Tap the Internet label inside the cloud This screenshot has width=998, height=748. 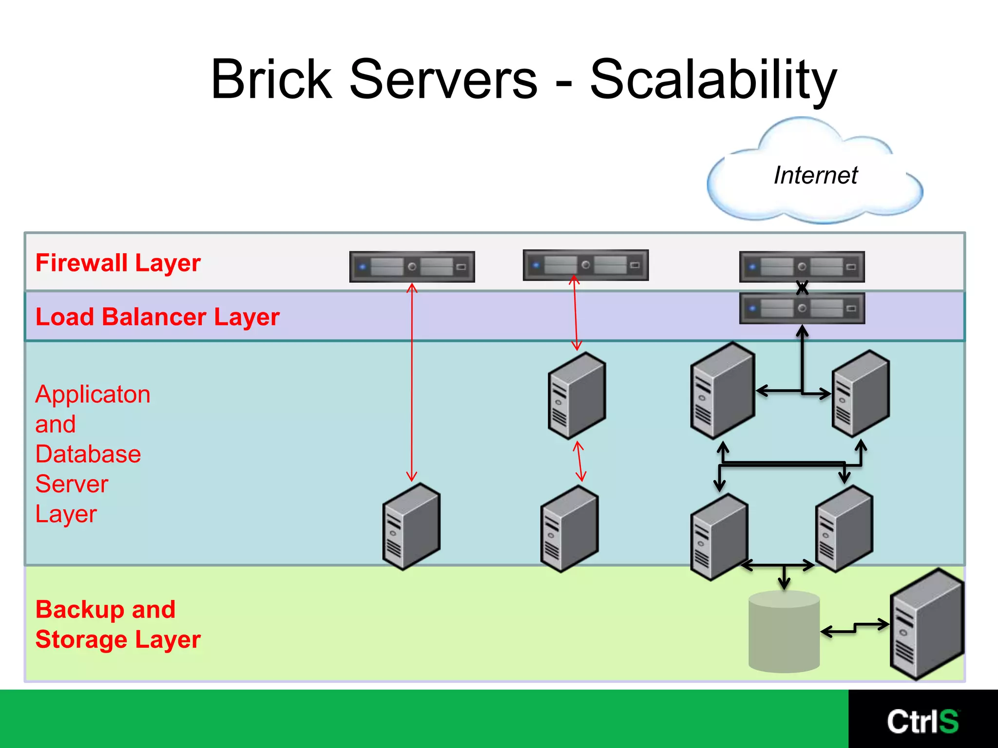coord(815,175)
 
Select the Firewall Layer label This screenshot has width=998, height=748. coord(118,263)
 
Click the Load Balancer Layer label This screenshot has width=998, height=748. coord(157,317)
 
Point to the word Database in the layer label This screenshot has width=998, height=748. coord(88,454)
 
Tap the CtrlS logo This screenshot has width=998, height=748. coord(922,721)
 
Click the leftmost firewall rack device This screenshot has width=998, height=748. coord(412,267)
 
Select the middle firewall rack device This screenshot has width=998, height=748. coord(585,265)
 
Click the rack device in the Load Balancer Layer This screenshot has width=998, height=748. coord(802,308)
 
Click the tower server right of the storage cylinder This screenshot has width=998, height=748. coord(926,625)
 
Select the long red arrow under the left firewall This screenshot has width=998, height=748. coord(412,382)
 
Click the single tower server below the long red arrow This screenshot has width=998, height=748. coord(412,526)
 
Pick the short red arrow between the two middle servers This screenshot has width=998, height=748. coord(579,461)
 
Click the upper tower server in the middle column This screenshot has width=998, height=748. coord(576,395)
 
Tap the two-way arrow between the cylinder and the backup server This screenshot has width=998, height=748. coord(854,628)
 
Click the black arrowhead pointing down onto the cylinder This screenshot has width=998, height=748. coord(784,584)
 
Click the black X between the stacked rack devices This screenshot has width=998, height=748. coord(802,288)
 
